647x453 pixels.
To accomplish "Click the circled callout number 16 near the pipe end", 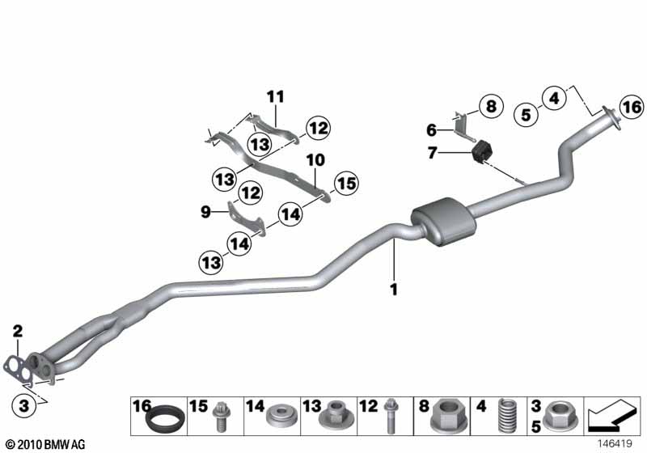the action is point(632,107).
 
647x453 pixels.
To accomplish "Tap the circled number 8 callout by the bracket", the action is point(491,106).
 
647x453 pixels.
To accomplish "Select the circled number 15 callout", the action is point(346,183).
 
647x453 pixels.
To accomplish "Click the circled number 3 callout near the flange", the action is point(24,405).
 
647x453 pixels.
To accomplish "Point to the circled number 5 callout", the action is point(526,114).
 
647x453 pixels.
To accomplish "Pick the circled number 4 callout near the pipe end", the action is point(555,98).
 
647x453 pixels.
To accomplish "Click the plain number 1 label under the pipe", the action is point(394,290).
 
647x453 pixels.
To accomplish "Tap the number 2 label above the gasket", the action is point(17,331).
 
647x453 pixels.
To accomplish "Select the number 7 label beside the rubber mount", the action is point(432,153).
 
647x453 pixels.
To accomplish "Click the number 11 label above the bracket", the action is point(275,97).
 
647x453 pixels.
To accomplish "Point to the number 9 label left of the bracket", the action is point(205,212).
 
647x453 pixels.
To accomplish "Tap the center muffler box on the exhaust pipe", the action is point(443,221).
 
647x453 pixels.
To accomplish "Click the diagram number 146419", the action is point(615,444).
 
